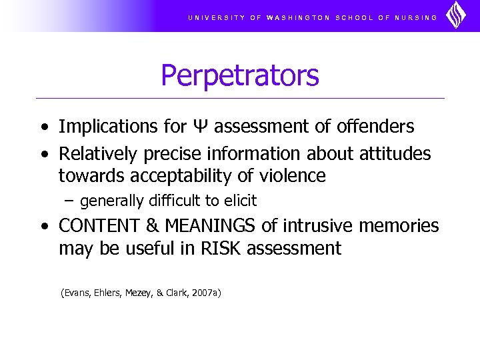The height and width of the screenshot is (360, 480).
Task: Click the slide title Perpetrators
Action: tap(239, 76)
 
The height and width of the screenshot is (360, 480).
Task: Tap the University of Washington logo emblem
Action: tap(456, 15)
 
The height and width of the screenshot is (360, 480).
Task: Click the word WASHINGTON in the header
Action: tap(298, 18)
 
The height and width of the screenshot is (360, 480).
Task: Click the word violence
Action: tap(295, 176)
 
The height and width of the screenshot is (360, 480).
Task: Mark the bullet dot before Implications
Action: tap(44, 127)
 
